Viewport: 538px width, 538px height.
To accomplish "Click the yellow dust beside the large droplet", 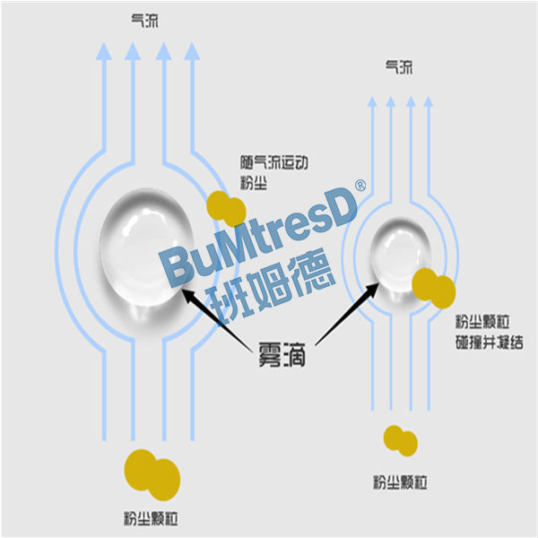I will tap(227, 209).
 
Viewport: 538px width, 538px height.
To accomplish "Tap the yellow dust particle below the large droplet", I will tap(152, 473).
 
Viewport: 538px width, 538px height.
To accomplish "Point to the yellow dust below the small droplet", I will tap(400, 439).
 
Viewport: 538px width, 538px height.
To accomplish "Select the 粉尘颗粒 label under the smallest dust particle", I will tap(400, 483).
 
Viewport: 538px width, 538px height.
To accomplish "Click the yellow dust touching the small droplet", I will tap(434, 286).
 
